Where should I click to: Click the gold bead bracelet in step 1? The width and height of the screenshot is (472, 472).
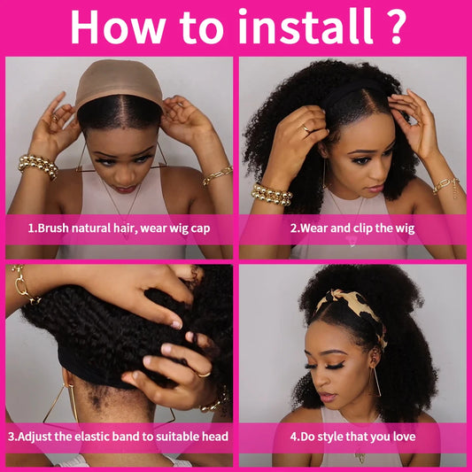(38, 166)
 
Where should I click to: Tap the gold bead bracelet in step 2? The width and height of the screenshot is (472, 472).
(271, 194)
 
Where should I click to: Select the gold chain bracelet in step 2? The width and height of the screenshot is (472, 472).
(445, 186)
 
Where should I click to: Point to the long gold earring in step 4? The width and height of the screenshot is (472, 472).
(376, 381)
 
